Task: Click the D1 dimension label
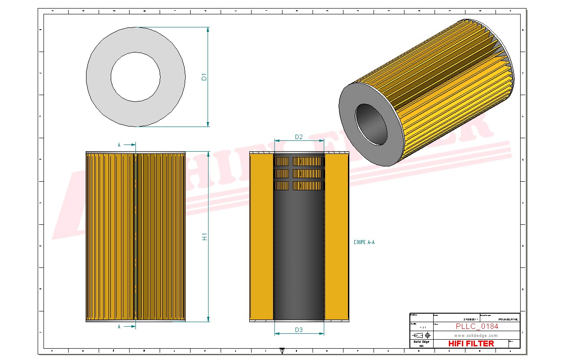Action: tap(204, 77)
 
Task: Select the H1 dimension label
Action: tap(204, 236)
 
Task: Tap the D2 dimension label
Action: tap(299, 137)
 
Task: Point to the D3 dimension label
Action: tap(299, 330)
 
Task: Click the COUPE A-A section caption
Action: tap(364, 242)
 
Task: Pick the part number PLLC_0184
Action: tap(477, 326)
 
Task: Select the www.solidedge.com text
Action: tap(476, 335)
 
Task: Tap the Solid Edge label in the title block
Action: tap(421, 342)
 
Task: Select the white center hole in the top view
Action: tap(135, 77)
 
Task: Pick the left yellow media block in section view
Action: tap(261, 238)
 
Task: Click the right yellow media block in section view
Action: tap(336, 238)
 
